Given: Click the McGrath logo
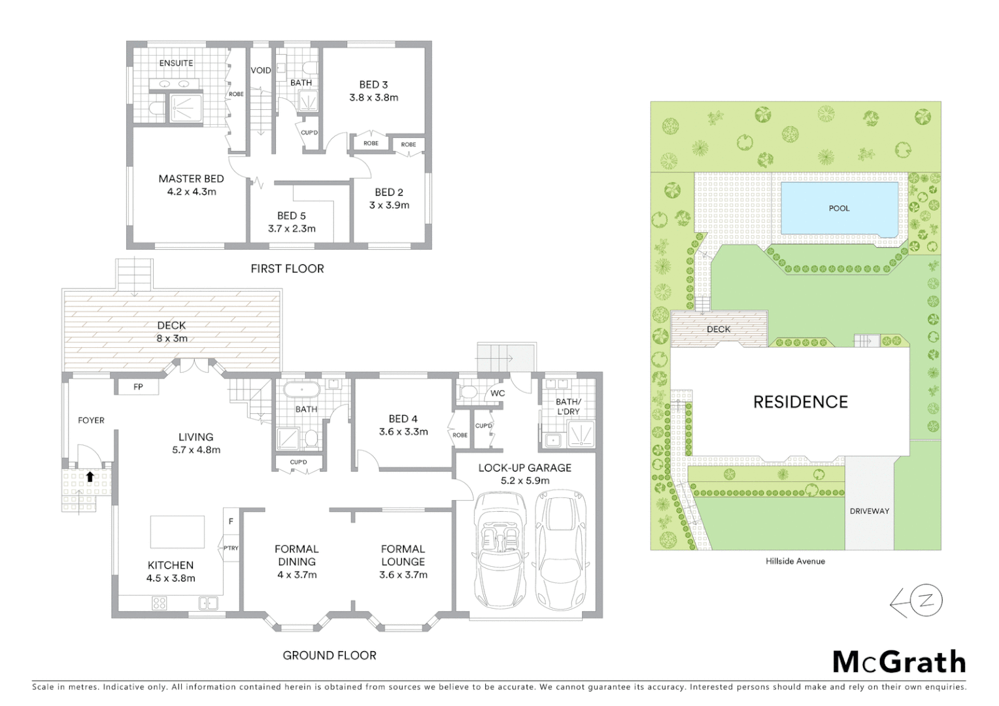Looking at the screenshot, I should [x=899, y=662].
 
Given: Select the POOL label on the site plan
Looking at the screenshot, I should [x=839, y=209].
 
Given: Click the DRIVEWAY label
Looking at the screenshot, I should [x=869, y=511].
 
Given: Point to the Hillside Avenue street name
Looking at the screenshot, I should [x=795, y=561].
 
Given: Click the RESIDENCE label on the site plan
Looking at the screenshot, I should [x=800, y=402].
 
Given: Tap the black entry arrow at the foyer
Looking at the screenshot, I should [x=90, y=477].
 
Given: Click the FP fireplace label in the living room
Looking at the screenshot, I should [x=138, y=387].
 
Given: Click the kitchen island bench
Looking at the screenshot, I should [x=177, y=531].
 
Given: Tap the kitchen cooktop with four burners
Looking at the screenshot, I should [x=159, y=603].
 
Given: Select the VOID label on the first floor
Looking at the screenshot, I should [x=261, y=71].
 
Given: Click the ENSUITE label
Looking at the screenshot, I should [x=176, y=63].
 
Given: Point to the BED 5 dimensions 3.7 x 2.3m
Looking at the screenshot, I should [x=292, y=229].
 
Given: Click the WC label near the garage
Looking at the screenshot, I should [x=498, y=394].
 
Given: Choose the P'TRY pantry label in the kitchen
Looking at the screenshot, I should [x=231, y=548].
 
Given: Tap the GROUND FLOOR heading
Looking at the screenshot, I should [x=329, y=655].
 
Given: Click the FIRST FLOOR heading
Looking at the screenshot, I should [x=287, y=269].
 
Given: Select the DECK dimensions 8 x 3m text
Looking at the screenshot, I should [x=171, y=339].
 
